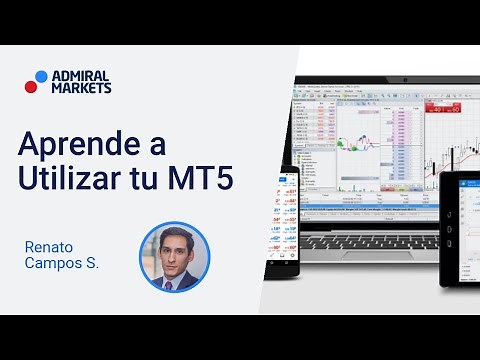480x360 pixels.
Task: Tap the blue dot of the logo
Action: click(41, 75)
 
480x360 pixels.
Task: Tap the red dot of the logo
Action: click(31, 86)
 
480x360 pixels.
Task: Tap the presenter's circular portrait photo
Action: click(174, 257)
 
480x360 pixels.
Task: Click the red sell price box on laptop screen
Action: click(438, 107)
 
